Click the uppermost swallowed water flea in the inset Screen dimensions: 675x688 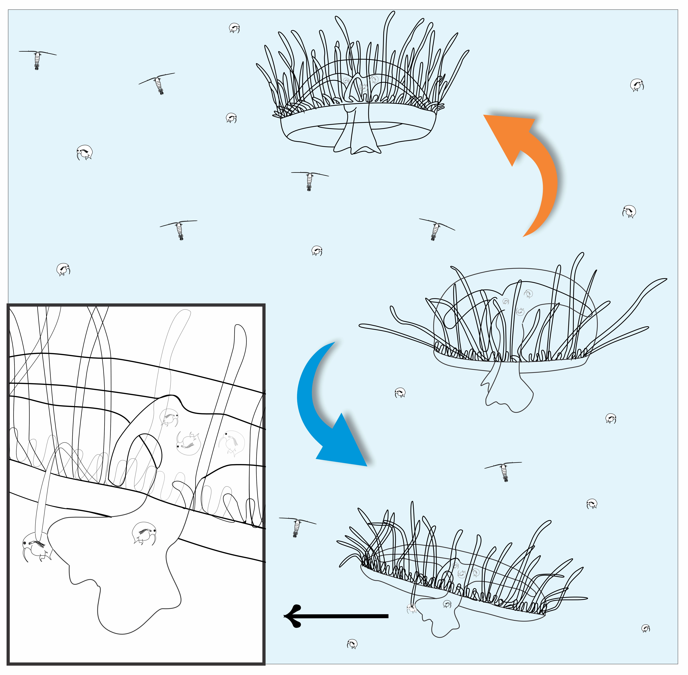(x=169, y=417)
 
